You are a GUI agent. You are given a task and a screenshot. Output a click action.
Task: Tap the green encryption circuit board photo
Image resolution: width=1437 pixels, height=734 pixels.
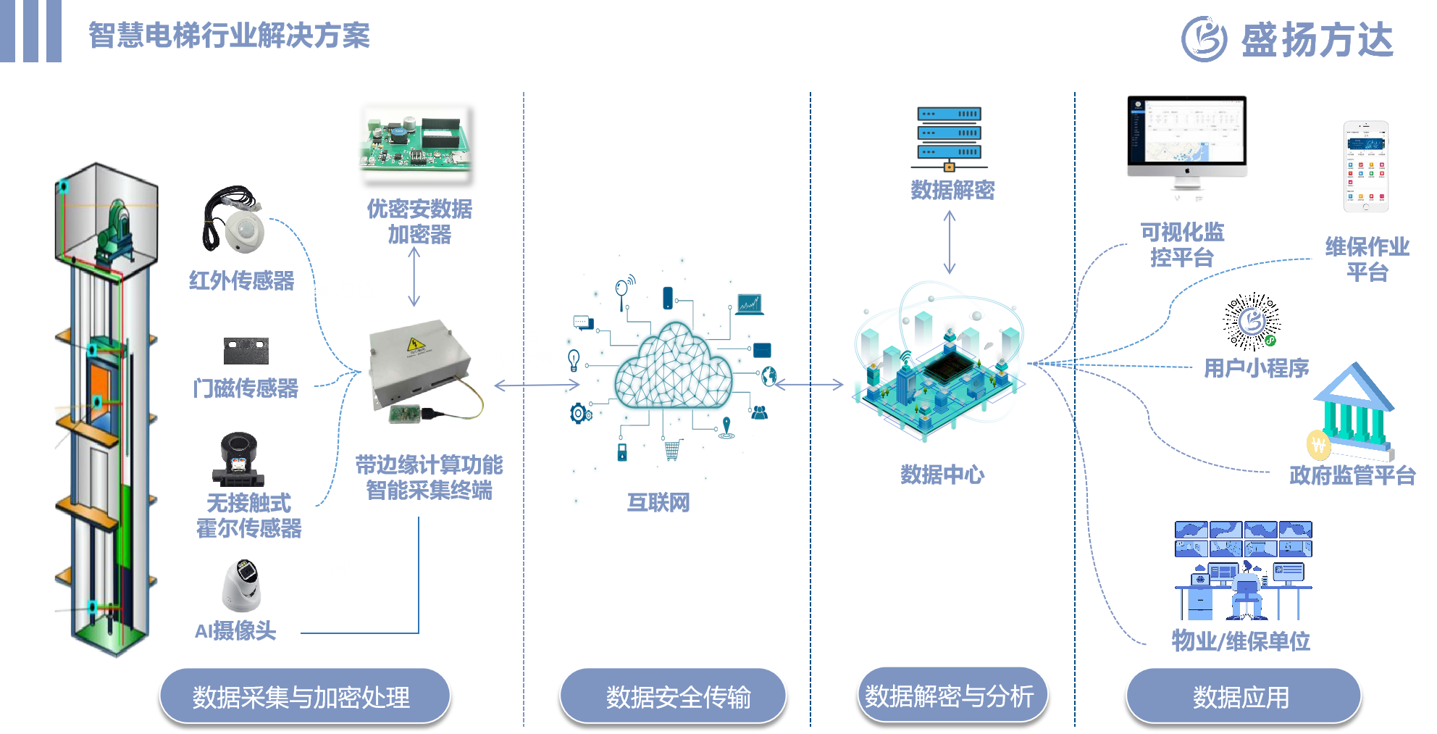coord(415,143)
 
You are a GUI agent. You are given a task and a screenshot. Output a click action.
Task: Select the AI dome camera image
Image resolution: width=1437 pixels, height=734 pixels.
coord(241,585)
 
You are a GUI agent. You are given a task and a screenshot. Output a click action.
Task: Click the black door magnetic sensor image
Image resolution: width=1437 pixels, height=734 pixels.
coord(246,351)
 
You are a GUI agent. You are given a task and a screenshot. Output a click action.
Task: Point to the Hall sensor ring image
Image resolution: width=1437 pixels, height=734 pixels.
coord(238,458)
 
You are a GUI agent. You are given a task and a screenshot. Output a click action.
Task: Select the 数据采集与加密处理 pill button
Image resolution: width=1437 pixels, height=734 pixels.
coord(304,696)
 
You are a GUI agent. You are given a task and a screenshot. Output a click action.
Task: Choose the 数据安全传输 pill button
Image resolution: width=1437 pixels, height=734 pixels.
coord(673,696)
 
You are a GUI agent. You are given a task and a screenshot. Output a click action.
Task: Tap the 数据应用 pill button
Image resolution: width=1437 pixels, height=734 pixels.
coord(1243,696)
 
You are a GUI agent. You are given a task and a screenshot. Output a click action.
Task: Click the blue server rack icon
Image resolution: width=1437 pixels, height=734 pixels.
coord(949,138)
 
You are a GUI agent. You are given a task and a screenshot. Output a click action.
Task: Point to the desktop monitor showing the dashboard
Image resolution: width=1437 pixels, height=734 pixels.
coord(1186,138)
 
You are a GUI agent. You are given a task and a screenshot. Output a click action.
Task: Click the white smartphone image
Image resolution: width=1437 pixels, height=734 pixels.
coord(1366,167)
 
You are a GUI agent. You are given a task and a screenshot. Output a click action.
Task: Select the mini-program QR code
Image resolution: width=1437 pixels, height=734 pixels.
coord(1252,322)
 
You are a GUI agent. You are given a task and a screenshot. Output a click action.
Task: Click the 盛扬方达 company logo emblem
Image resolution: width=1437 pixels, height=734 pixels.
coord(1205,39)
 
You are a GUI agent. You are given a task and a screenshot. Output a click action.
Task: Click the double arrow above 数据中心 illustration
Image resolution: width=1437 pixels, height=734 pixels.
coord(950,242)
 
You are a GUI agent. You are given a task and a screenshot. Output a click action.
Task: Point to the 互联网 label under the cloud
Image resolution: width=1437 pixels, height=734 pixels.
coord(658,502)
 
